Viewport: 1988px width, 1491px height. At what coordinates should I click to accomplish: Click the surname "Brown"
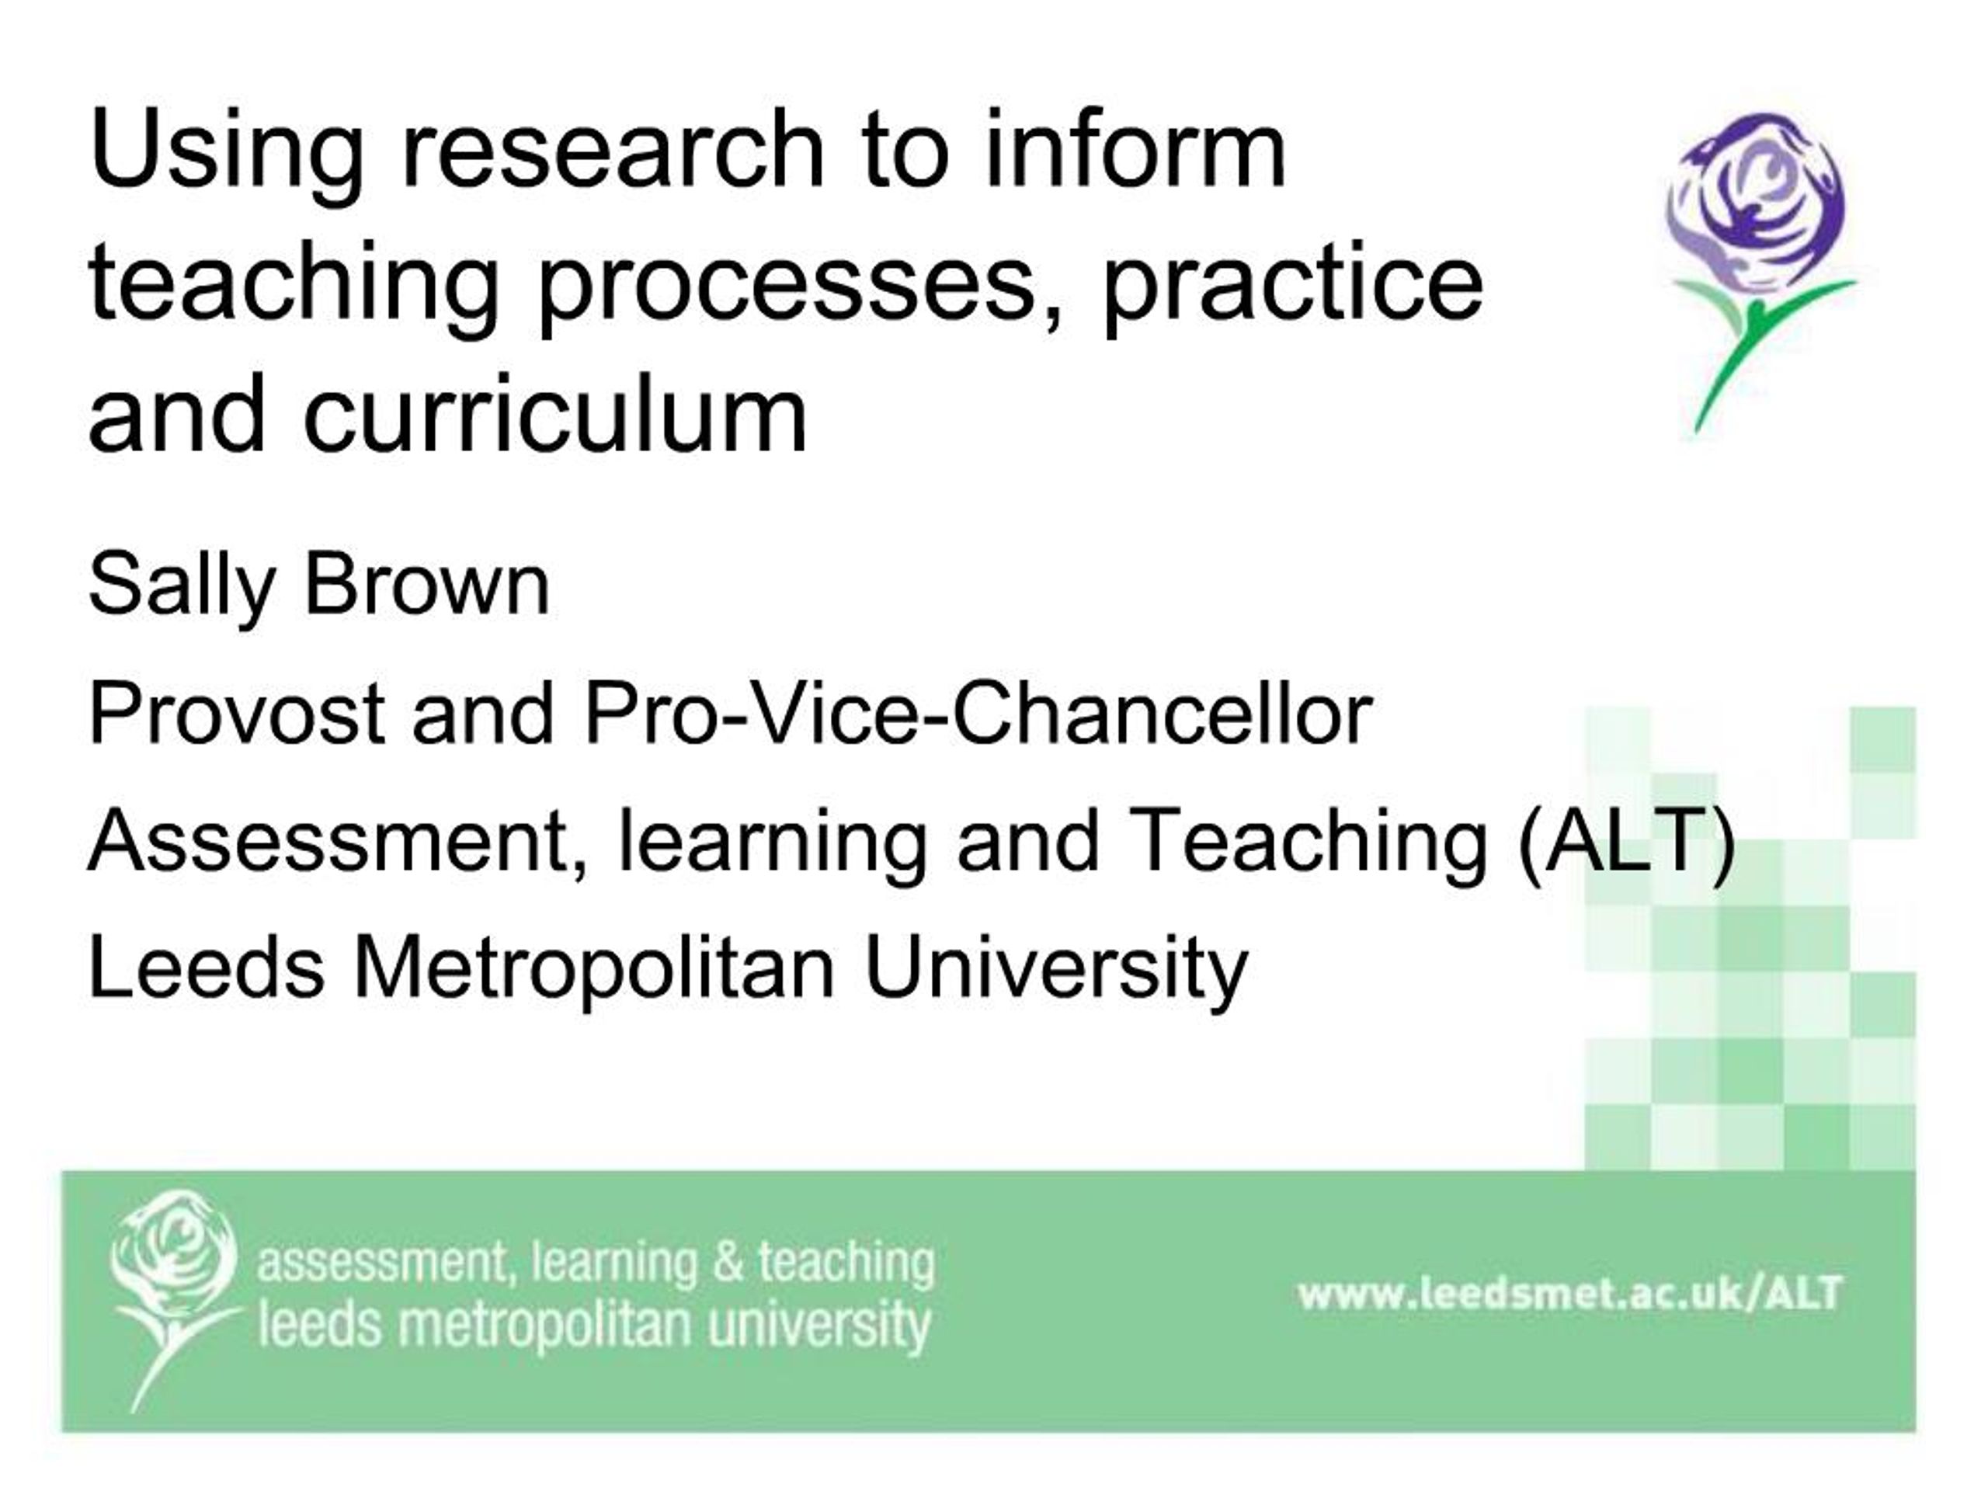tap(427, 586)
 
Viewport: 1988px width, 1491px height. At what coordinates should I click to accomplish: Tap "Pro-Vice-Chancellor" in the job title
tap(978, 714)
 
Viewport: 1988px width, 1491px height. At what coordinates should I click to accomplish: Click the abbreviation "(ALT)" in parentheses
tap(1626, 843)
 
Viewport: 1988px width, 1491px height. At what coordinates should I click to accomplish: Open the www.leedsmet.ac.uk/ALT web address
tap(1569, 1295)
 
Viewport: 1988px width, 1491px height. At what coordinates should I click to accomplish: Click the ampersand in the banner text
tap(728, 1263)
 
